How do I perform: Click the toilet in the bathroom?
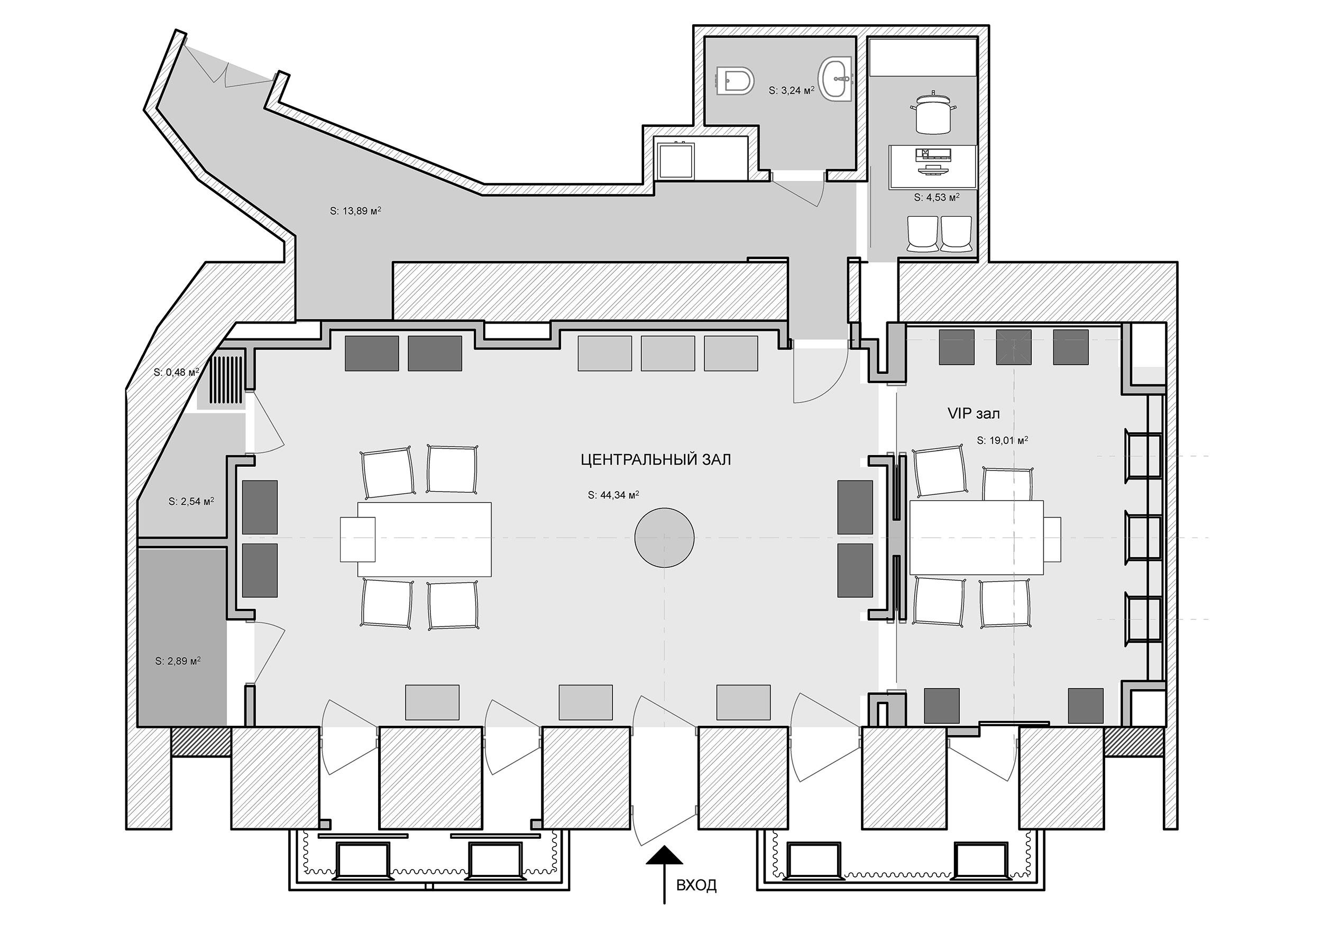point(737,81)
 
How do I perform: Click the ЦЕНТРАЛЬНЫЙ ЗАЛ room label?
point(656,459)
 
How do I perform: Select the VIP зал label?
point(974,413)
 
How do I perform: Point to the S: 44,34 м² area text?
point(613,494)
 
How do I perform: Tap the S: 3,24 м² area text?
point(791,90)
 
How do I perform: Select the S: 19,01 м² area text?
point(1003,440)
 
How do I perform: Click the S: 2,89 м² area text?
point(178,661)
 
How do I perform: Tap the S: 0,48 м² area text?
point(176,372)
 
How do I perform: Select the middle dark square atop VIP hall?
point(1013,347)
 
